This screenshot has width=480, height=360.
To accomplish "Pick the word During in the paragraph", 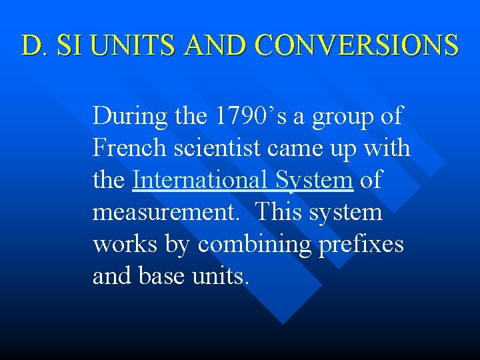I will coord(129,116).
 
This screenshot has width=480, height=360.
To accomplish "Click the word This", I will coord(278,212).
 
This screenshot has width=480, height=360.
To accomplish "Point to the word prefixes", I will coord(361,244).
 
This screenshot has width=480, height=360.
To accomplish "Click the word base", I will coord(165,276).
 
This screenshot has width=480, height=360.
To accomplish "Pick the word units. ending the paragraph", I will coord(223,276).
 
